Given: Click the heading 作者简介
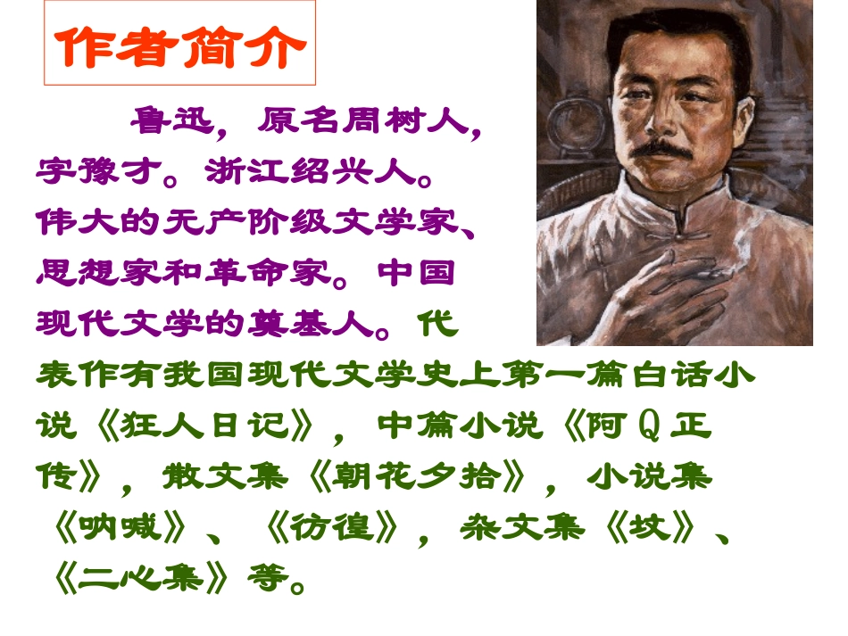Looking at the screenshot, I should [x=179, y=44].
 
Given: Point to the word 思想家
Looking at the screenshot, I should [x=98, y=271].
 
